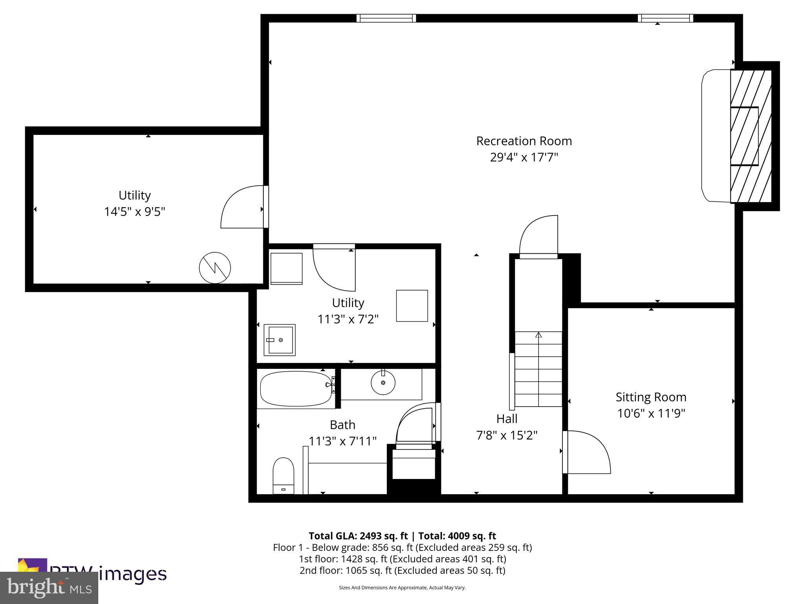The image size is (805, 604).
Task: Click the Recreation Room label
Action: [524, 141]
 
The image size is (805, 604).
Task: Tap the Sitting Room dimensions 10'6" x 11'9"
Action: [651, 413]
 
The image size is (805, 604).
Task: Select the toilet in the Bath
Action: [283, 475]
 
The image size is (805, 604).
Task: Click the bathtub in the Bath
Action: [296, 389]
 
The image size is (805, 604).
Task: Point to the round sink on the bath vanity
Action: [383, 382]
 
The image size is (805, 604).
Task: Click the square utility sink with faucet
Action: [279, 340]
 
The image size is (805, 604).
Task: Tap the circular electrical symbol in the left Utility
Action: [215, 268]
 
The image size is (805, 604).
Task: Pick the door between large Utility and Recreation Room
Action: [242, 207]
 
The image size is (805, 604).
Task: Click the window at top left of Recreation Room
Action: [386, 18]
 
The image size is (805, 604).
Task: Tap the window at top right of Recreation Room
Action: [665, 18]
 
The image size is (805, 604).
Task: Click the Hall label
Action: [507, 419]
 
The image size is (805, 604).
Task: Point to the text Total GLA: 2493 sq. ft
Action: [358, 536]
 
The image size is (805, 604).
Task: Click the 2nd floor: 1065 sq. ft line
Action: [402, 571]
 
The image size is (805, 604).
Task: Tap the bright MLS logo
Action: [49, 587]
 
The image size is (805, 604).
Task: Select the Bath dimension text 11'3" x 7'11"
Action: [343, 441]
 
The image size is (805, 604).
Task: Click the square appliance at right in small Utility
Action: [412, 306]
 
